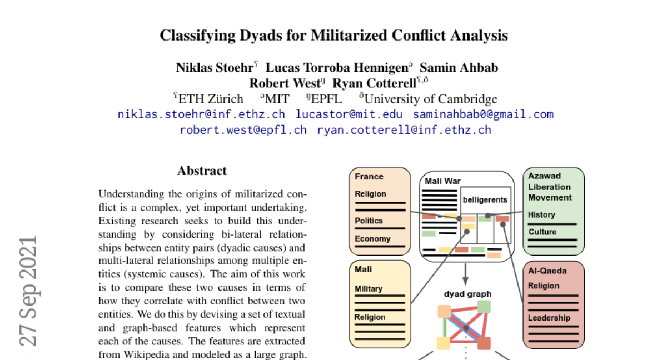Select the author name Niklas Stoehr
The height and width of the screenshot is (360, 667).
click(x=215, y=68)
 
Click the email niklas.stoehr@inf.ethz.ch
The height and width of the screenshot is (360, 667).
click(x=201, y=114)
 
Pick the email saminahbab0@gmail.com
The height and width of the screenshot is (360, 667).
click(x=483, y=114)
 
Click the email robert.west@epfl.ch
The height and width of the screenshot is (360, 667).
click(x=243, y=130)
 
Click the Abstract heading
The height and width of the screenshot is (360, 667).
click(x=202, y=171)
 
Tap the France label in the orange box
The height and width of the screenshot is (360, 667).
click(x=369, y=177)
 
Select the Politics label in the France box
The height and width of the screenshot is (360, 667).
click(x=369, y=221)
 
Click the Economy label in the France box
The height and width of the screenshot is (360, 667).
click(x=372, y=238)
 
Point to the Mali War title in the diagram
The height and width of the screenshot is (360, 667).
click(x=443, y=181)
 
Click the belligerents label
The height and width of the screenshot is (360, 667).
click(x=485, y=199)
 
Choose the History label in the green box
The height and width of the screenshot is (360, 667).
click(x=541, y=214)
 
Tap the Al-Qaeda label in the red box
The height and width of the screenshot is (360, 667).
click(x=547, y=271)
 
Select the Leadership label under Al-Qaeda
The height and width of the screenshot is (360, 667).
click(x=549, y=318)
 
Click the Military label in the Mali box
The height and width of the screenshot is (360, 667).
click(x=369, y=288)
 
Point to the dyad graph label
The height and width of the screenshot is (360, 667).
click(x=467, y=294)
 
